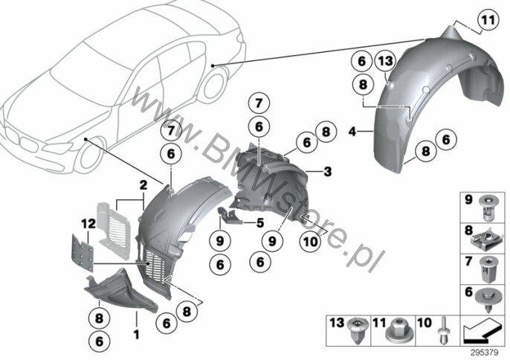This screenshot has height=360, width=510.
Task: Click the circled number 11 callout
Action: [x=488, y=20]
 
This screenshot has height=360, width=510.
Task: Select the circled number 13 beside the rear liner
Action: [x=385, y=61]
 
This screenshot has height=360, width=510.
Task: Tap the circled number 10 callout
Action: [x=310, y=242]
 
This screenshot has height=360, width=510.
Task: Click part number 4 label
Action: [x=352, y=132]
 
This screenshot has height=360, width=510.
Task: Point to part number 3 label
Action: [x=327, y=171]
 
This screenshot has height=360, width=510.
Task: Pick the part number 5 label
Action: [x=260, y=223]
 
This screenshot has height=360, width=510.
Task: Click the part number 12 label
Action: [x=88, y=223]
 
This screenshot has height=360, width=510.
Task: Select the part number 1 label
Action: [x=137, y=334]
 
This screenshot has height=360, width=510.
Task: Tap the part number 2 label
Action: [x=143, y=185]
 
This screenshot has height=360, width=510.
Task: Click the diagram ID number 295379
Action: [x=485, y=353]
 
